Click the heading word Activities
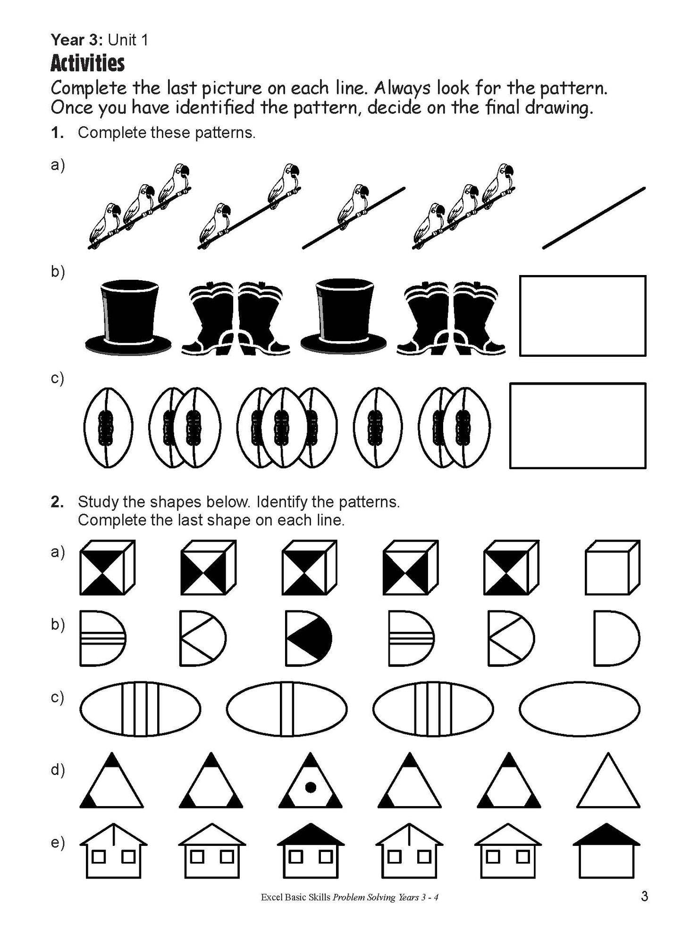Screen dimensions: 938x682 [87, 63]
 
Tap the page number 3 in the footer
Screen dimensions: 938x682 [644, 896]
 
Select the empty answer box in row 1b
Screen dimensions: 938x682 [582, 316]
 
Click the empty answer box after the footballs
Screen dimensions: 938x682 [577, 425]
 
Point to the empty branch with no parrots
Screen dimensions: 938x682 [594, 218]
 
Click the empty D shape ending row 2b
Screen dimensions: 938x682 [615, 638]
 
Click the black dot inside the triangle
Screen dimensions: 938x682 [310, 787]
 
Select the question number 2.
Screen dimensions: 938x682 [57, 502]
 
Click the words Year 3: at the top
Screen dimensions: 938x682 [77, 40]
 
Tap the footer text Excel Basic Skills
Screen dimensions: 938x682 [295, 897]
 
